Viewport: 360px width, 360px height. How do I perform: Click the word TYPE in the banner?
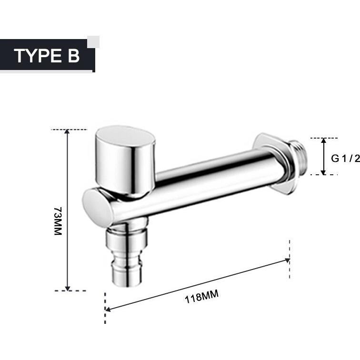tap(38, 56)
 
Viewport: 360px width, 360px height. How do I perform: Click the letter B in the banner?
tap(73, 56)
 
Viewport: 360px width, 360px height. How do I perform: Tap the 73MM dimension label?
tap(58, 221)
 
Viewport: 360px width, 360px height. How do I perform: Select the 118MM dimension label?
tap(201, 297)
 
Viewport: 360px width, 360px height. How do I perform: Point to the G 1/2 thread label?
tap(345, 159)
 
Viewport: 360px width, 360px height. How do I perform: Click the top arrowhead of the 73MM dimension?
tap(67, 131)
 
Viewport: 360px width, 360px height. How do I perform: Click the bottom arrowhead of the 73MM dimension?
tap(67, 289)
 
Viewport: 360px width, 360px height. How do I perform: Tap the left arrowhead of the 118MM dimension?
tap(108, 310)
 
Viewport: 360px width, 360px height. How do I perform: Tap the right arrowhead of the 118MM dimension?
tap(287, 260)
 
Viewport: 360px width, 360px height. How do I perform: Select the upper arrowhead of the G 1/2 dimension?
tap(323, 140)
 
